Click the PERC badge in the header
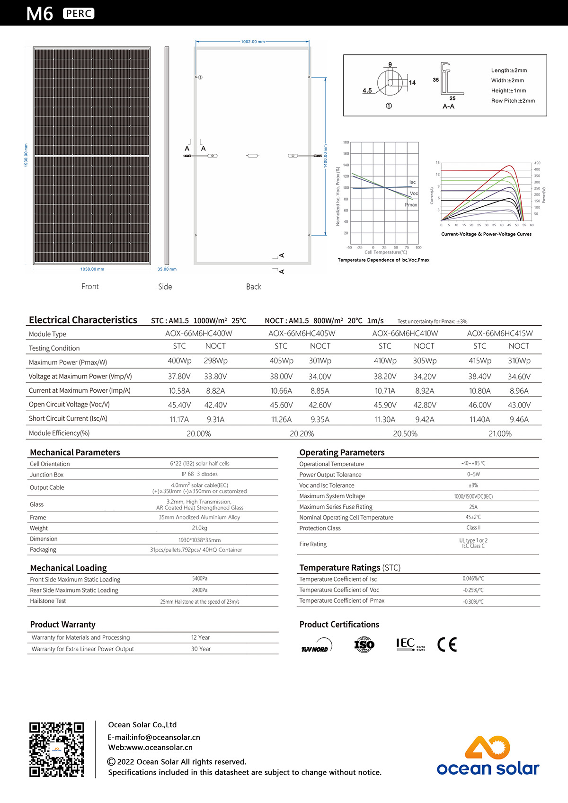click(x=79, y=14)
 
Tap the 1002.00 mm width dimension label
click(x=253, y=42)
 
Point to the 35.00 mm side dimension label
click(x=167, y=269)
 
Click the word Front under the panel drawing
click(x=90, y=286)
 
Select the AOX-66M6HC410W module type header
click(x=405, y=334)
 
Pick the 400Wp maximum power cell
click(x=179, y=361)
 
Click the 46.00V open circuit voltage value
click(x=479, y=405)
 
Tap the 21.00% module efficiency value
click(x=500, y=433)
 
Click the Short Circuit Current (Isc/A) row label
click(x=68, y=419)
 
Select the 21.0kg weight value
click(x=199, y=528)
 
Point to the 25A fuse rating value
click(x=473, y=507)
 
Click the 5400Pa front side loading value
click(x=199, y=579)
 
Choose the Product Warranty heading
click(x=62, y=625)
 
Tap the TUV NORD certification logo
click(x=316, y=646)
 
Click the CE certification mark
click(x=447, y=644)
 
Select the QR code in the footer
click(x=57, y=750)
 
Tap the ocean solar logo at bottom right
click(x=488, y=756)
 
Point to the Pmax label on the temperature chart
click(x=411, y=205)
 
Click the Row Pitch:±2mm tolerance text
click(x=513, y=101)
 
